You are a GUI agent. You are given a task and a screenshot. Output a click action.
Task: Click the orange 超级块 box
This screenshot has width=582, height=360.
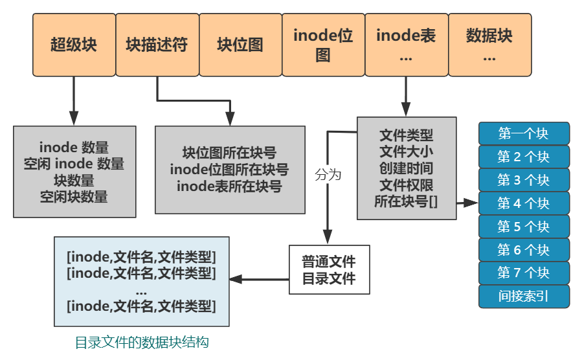tap(74, 45)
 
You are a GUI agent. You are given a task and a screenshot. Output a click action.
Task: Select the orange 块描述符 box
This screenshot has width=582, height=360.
tap(157, 45)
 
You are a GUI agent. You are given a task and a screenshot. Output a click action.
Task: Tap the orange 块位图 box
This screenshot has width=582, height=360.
tap(240, 45)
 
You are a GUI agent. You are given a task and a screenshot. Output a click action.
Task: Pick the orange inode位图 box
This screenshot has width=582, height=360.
tap(323, 45)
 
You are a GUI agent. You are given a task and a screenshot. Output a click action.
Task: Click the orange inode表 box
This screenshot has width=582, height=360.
tap(406, 45)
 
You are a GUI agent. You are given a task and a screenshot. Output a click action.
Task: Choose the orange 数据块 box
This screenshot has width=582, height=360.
tap(489, 45)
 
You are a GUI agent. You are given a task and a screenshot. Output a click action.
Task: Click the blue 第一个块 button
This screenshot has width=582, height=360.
tap(524, 134)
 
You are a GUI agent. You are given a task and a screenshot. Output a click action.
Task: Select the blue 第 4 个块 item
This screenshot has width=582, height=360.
tap(524, 203)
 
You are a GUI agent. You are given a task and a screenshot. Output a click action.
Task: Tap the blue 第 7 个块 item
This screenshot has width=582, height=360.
tap(524, 273)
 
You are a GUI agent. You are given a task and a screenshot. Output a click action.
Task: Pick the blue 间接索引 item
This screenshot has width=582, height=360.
tap(524, 297)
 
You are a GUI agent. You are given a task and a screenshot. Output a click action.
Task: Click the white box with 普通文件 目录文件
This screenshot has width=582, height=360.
tap(329, 270)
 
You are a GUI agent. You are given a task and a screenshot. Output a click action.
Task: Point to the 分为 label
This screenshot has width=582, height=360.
tap(328, 175)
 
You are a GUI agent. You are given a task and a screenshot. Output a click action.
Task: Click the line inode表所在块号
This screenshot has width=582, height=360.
tap(229, 186)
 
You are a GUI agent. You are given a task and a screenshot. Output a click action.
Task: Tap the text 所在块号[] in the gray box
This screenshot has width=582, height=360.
tap(406, 201)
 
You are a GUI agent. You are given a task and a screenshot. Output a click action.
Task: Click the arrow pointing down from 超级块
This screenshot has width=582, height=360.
tap(74, 100)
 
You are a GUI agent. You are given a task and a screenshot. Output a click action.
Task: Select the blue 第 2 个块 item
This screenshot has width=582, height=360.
tap(524, 157)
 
